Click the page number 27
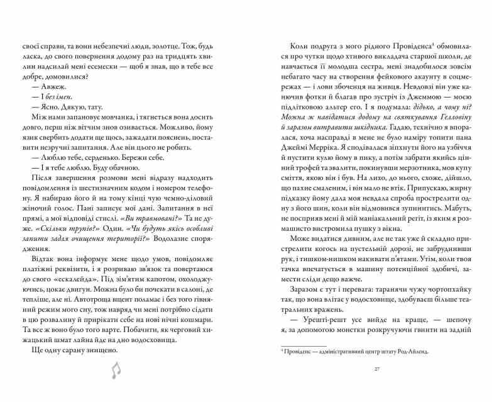pyautogui.click(x=376, y=369)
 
